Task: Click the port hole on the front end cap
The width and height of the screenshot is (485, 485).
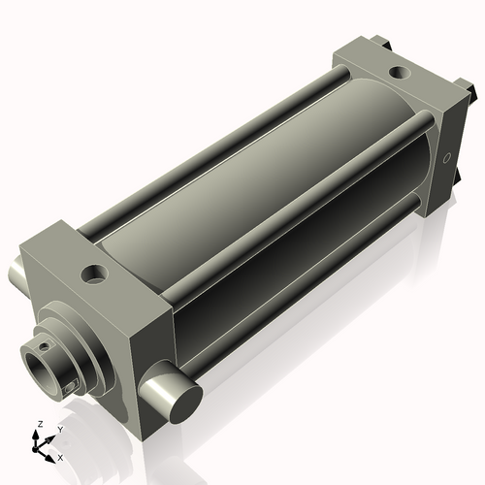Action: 94,275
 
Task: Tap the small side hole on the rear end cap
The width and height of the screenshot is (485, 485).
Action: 447,157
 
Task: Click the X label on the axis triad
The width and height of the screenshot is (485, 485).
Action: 60,456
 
